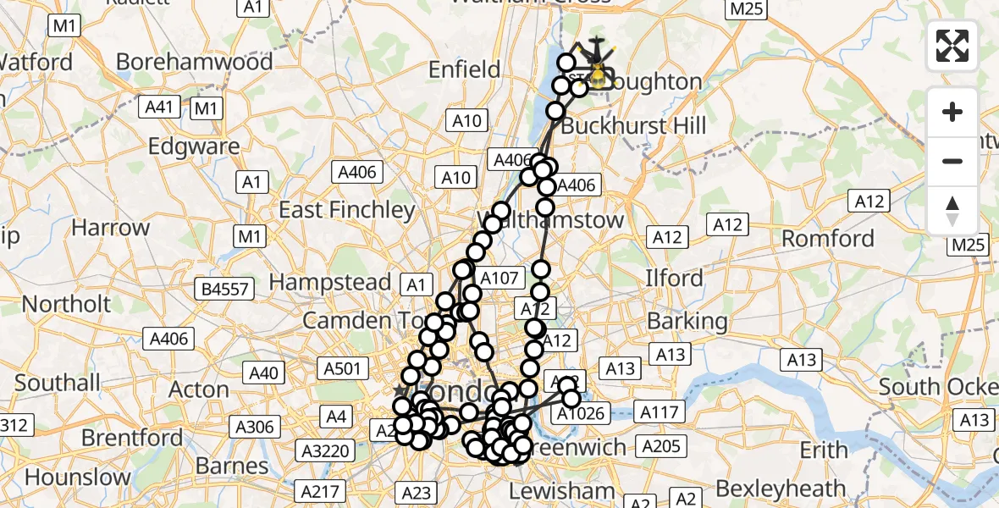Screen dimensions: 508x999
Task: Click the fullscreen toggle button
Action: point(952,46)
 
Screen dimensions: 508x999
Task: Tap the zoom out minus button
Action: point(952,161)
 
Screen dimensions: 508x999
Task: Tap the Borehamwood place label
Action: point(194,62)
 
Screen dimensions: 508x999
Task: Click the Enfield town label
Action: point(465,69)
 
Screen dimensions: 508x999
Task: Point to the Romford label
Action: point(827,238)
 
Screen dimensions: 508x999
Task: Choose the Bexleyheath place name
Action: point(780,489)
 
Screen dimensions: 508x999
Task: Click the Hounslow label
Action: point(78,477)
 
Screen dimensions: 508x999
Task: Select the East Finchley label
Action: point(347,209)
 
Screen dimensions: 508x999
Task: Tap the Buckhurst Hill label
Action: point(633,126)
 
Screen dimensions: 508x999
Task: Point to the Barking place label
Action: point(687,321)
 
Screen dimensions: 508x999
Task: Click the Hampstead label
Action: point(330,282)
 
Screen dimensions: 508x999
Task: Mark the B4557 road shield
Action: point(225,290)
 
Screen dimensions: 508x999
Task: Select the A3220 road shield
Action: point(327,450)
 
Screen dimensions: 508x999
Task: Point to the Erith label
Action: point(825,450)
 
